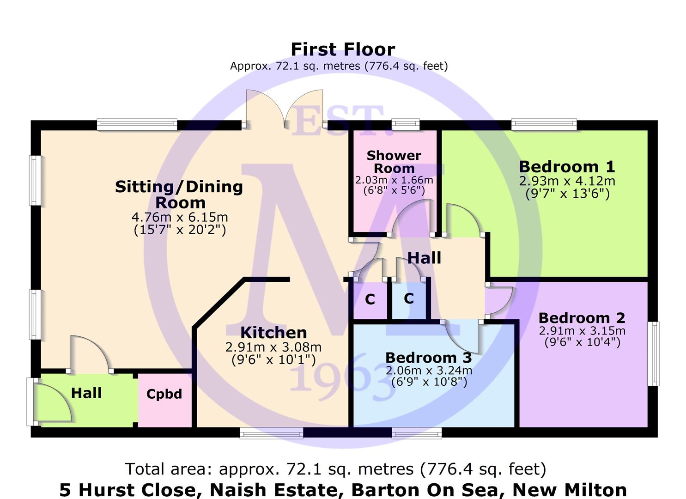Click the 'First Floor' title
tap(343, 49)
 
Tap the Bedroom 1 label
tap(567, 167)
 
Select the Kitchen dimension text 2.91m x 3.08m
tap(273, 347)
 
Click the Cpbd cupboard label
tap(164, 394)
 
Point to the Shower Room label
tap(394, 162)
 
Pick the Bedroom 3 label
tap(428, 358)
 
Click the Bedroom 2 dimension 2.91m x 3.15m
tap(582, 331)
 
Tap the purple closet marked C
tap(370, 299)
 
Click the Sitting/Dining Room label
tap(179, 195)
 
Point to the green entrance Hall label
tap(86, 393)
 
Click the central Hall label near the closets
tap(424, 258)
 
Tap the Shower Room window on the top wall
tap(406, 125)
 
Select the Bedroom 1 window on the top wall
tap(544, 125)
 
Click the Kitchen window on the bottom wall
tap(271, 433)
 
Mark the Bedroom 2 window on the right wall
tap(653, 353)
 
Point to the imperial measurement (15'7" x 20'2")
tap(180, 230)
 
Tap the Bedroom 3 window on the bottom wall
tap(417, 433)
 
